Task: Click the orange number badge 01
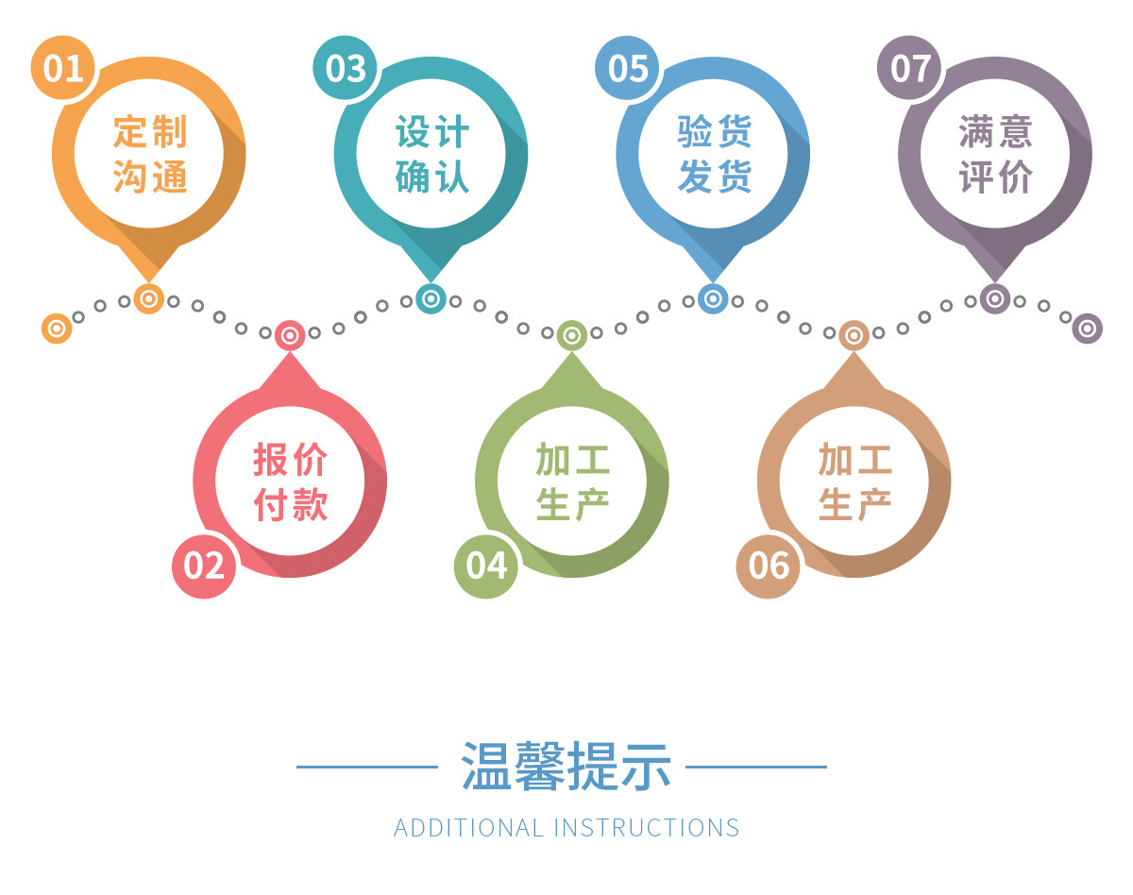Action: coord(63,68)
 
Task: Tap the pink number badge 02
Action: coord(204,565)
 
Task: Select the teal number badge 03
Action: coord(346,68)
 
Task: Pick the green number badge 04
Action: coord(486,565)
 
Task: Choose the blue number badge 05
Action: coord(628,68)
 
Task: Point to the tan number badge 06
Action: coord(769,565)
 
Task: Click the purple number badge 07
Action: coord(910,68)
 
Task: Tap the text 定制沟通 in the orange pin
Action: coord(150,153)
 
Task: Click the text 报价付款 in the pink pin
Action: coord(291,481)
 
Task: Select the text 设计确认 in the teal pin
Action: coord(431,153)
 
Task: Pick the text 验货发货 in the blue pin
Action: coord(714,153)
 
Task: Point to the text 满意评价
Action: coord(996,153)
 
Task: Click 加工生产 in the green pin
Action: coord(572,481)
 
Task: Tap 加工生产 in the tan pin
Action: coord(854,481)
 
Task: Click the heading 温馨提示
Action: coord(566,766)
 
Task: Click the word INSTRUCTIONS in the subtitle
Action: coord(647,828)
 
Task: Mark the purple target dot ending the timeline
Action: coord(1087,328)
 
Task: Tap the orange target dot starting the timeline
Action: coord(57,328)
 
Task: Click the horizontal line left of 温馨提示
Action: coord(367,767)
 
